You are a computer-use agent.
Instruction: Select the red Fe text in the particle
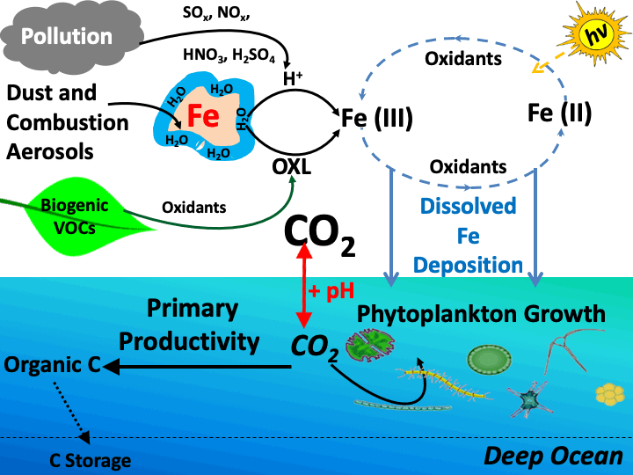click(x=201, y=115)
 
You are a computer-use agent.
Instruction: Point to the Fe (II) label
click(x=559, y=113)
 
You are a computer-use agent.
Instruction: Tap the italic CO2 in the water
click(x=314, y=348)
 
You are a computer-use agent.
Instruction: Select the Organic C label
click(x=53, y=363)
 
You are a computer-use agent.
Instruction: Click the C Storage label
click(x=89, y=460)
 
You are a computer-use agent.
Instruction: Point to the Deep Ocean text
click(x=554, y=456)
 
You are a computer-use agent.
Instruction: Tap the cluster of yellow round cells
click(x=609, y=392)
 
